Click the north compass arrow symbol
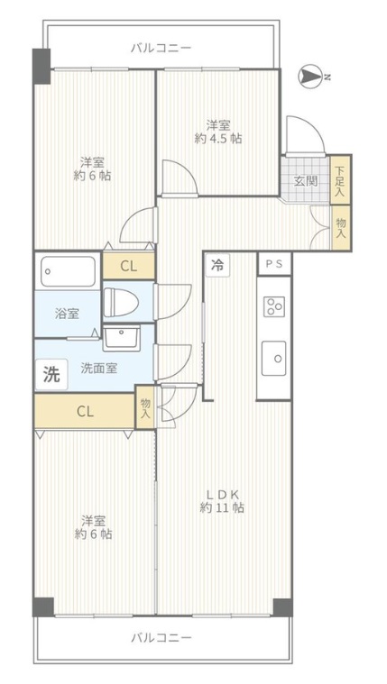(x=310, y=77)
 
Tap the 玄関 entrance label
(x=305, y=181)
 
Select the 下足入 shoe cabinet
(x=341, y=180)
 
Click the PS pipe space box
(x=274, y=264)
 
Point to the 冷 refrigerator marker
(x=217, y=264)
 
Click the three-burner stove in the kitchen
(x=274, y=306)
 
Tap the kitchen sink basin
(x=273, y=358)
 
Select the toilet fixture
(x=122, y=301)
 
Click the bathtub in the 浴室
(x=69, y=271)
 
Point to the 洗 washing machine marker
(x=51, y=374)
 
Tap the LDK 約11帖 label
(x=222, y=501)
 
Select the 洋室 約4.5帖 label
(x=218, y=132)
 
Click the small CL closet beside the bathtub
(x=128, y=266)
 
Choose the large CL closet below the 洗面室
(x=85, y=411)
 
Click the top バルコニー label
(x=161, y=48)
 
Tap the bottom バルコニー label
(x=161, y=638)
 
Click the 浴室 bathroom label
(x=68, y=314)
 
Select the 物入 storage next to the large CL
(x=145, y=407)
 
